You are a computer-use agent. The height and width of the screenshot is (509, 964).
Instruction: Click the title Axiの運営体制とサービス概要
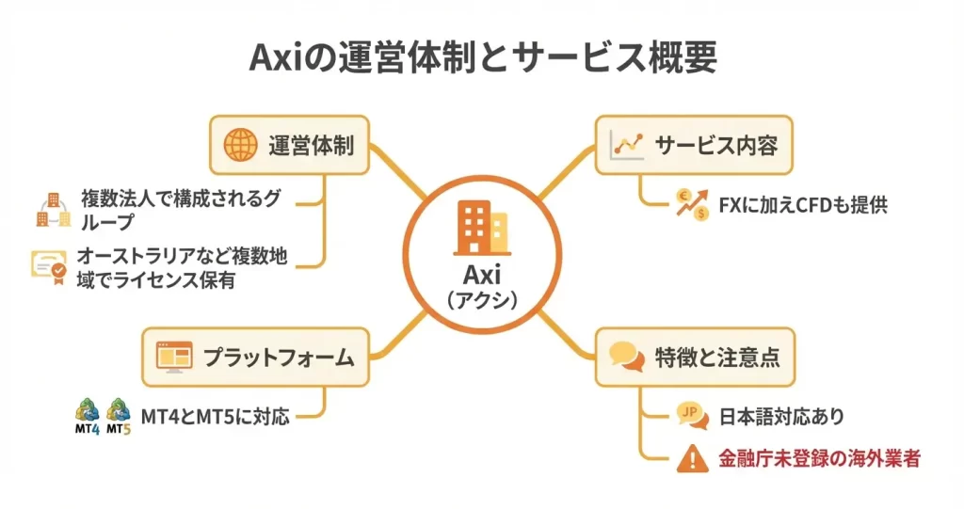click(x=482, y=57)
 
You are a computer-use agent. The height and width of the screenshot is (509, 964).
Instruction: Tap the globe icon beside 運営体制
click(x=241, y=146)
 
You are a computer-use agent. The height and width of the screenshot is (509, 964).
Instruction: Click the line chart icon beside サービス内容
click(x=626, y=145)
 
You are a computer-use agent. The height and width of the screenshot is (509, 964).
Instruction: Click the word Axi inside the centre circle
click(x=481, y=276)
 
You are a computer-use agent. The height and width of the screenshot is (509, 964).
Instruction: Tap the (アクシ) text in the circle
click(x=481, y=303)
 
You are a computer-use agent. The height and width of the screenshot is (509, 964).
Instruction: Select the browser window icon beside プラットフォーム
click(x=172, y=358)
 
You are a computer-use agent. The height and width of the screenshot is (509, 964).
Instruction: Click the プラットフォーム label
click(x=279, y=358)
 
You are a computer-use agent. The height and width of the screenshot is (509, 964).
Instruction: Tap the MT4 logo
click(x=88, y=414)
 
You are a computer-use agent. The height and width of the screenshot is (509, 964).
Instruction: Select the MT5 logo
click(x=119, y=414)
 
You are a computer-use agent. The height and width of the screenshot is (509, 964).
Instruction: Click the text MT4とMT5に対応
click(x=215, y=414)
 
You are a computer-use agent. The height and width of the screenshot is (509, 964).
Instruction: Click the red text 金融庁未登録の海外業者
click(x=817, y=458)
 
